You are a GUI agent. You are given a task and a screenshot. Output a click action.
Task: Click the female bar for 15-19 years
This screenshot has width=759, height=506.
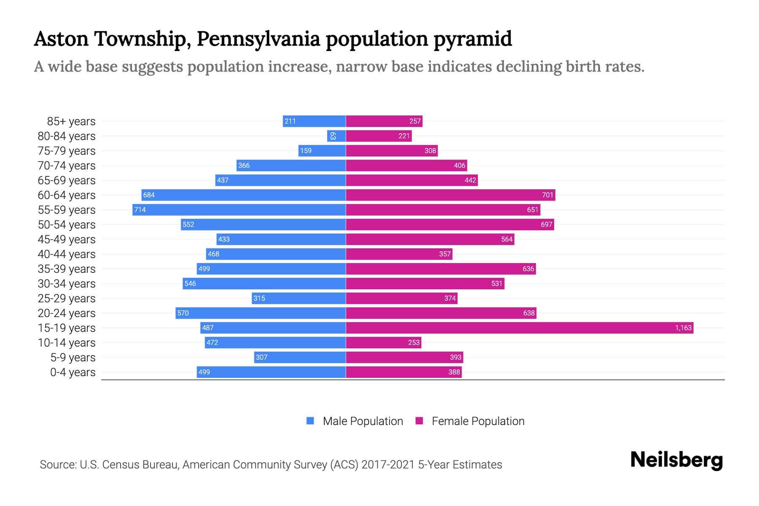coord(519,328)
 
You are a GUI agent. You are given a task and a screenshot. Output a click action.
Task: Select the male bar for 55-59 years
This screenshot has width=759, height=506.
coord(239,210)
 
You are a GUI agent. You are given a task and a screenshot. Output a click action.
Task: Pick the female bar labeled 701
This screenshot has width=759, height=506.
coord(450,195)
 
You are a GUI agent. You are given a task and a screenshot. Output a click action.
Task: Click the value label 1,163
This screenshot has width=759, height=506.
coord(683,328)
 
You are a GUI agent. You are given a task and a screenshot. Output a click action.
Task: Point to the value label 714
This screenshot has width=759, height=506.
coord(140,210)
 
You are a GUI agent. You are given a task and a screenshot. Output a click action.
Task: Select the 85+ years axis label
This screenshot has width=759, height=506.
coord(71,121)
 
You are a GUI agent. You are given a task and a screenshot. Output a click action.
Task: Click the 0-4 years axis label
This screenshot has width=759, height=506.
coord(73,372)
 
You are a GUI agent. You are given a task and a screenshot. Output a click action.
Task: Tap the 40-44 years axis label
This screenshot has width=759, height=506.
coord(67,254)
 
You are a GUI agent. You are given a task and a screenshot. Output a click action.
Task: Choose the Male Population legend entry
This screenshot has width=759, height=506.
coord(363,421)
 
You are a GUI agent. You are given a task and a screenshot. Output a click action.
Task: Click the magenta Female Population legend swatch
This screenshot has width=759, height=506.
coord(419,421)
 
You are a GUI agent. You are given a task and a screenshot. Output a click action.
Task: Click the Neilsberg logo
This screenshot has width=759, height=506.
coord(676,460)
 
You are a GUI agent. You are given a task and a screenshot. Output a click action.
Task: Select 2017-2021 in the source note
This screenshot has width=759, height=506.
coord(388,465)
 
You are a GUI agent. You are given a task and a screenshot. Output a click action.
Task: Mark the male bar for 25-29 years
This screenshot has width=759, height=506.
coord(299,298)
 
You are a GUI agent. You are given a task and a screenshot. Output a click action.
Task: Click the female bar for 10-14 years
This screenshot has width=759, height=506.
coord(383,342)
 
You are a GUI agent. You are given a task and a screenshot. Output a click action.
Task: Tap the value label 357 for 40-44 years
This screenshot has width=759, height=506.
coord(445,254)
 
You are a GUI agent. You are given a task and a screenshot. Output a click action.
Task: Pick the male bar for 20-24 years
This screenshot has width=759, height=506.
coord(261,313)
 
